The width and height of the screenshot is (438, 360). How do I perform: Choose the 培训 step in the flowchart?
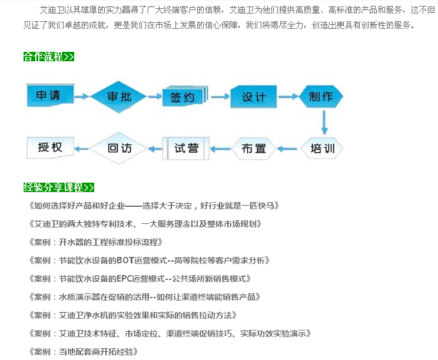pos(322,148)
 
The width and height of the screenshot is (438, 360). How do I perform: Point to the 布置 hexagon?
pos(254,148)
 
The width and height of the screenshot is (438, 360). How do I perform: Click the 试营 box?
pos(187,148)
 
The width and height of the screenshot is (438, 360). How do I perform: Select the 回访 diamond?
pos(120,148)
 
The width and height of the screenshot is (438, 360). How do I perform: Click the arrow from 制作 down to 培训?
pos(323,123)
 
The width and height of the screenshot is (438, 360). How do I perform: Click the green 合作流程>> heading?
pos(49,57)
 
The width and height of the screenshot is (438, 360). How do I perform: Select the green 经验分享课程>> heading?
pos(59,188)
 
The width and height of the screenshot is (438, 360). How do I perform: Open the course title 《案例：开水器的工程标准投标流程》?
pos(95,242)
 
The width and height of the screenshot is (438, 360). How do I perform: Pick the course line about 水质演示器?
pos(144,297)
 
